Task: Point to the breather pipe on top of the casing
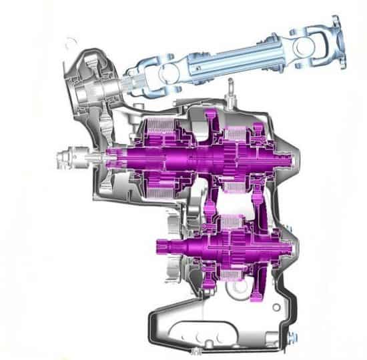coord(231,86)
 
